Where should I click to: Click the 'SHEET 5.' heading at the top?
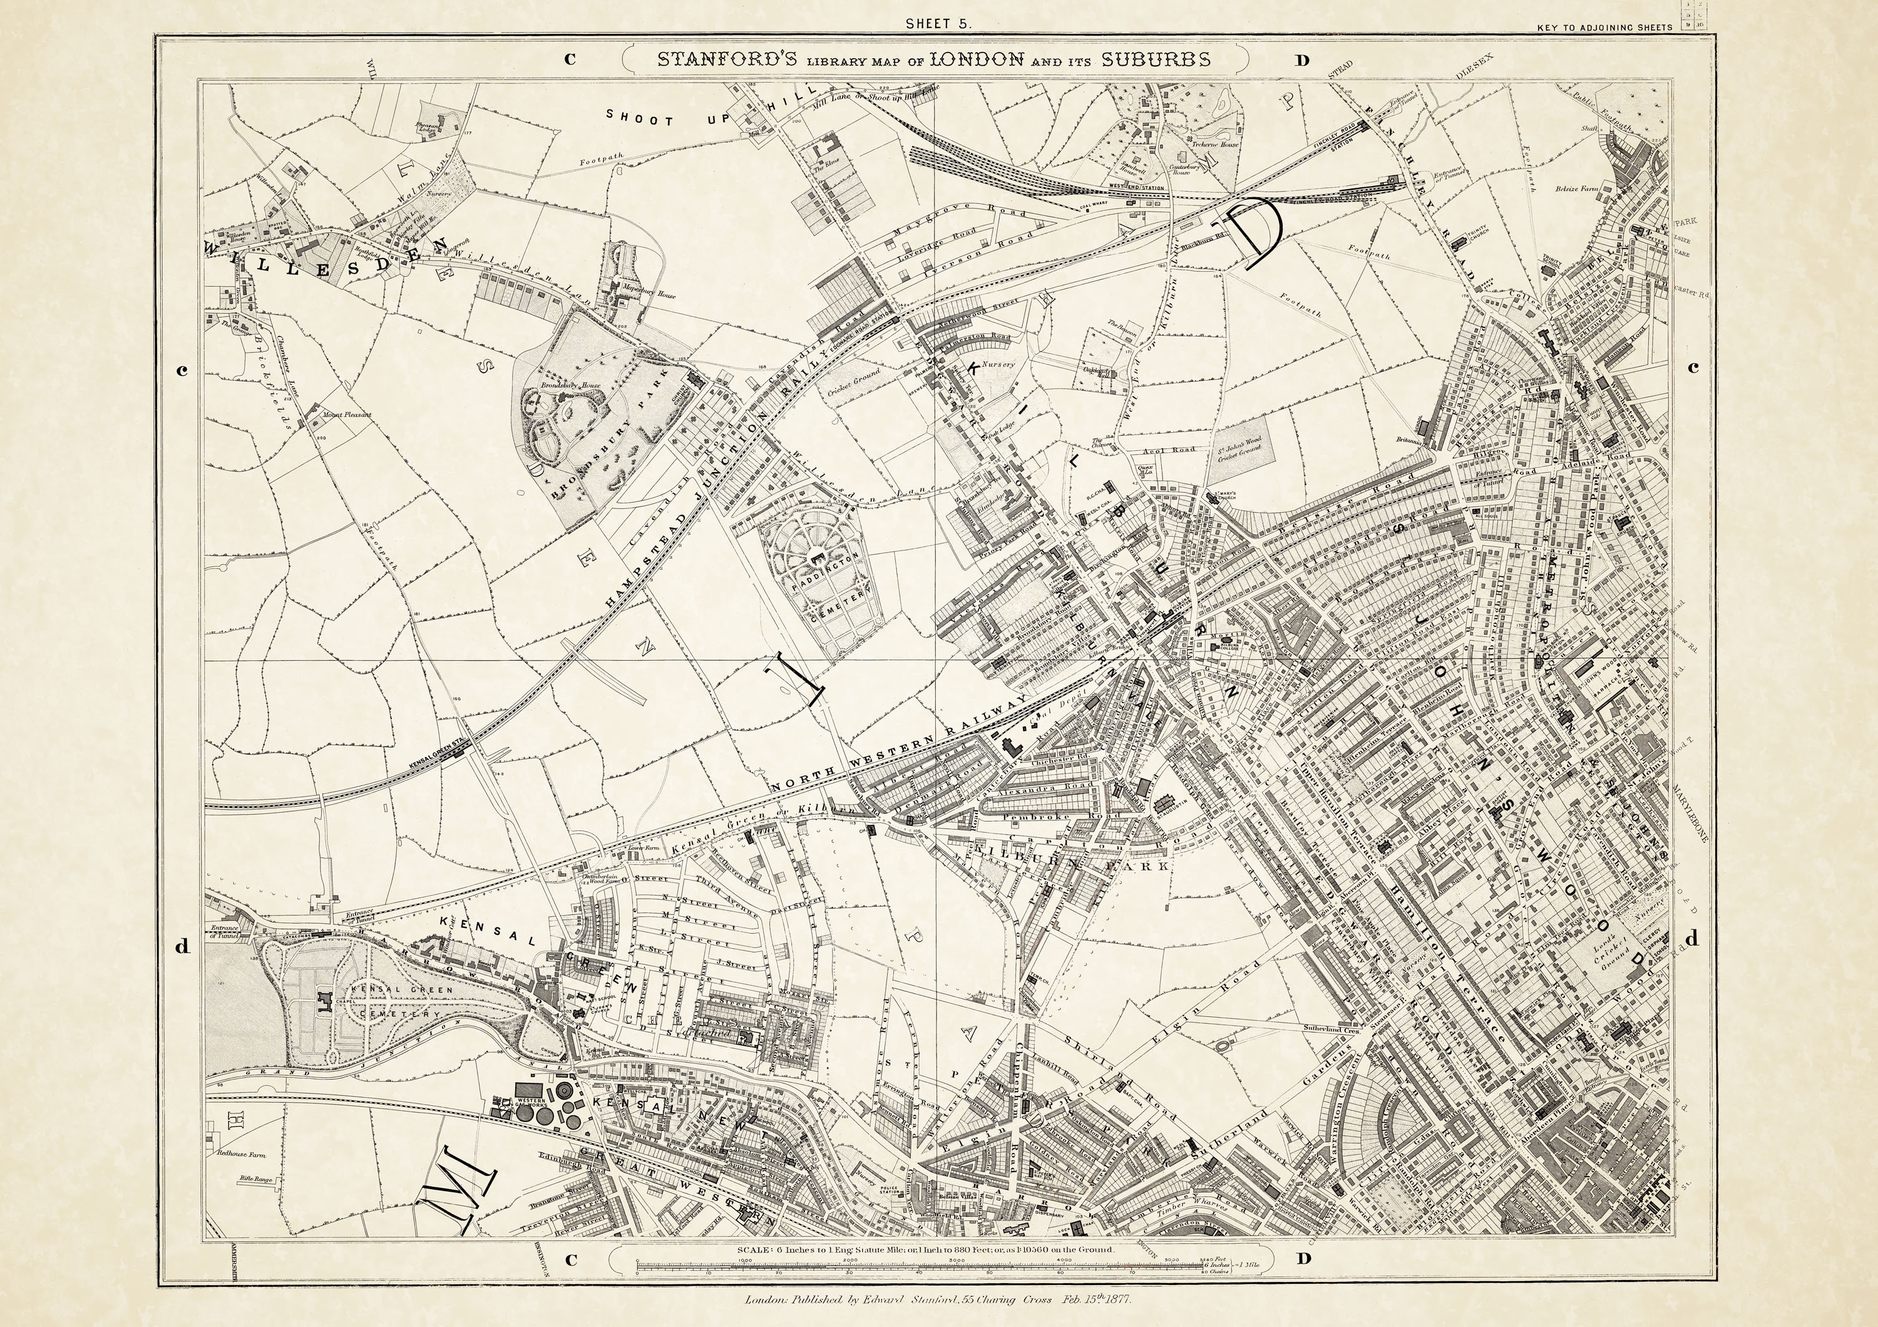pos(938,24)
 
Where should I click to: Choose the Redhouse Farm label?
pos(241,1154)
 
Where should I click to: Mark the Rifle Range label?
pos(255,1180)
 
